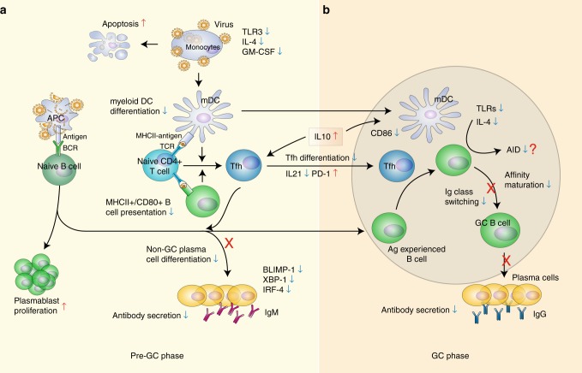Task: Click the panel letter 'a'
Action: click(6, 7)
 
